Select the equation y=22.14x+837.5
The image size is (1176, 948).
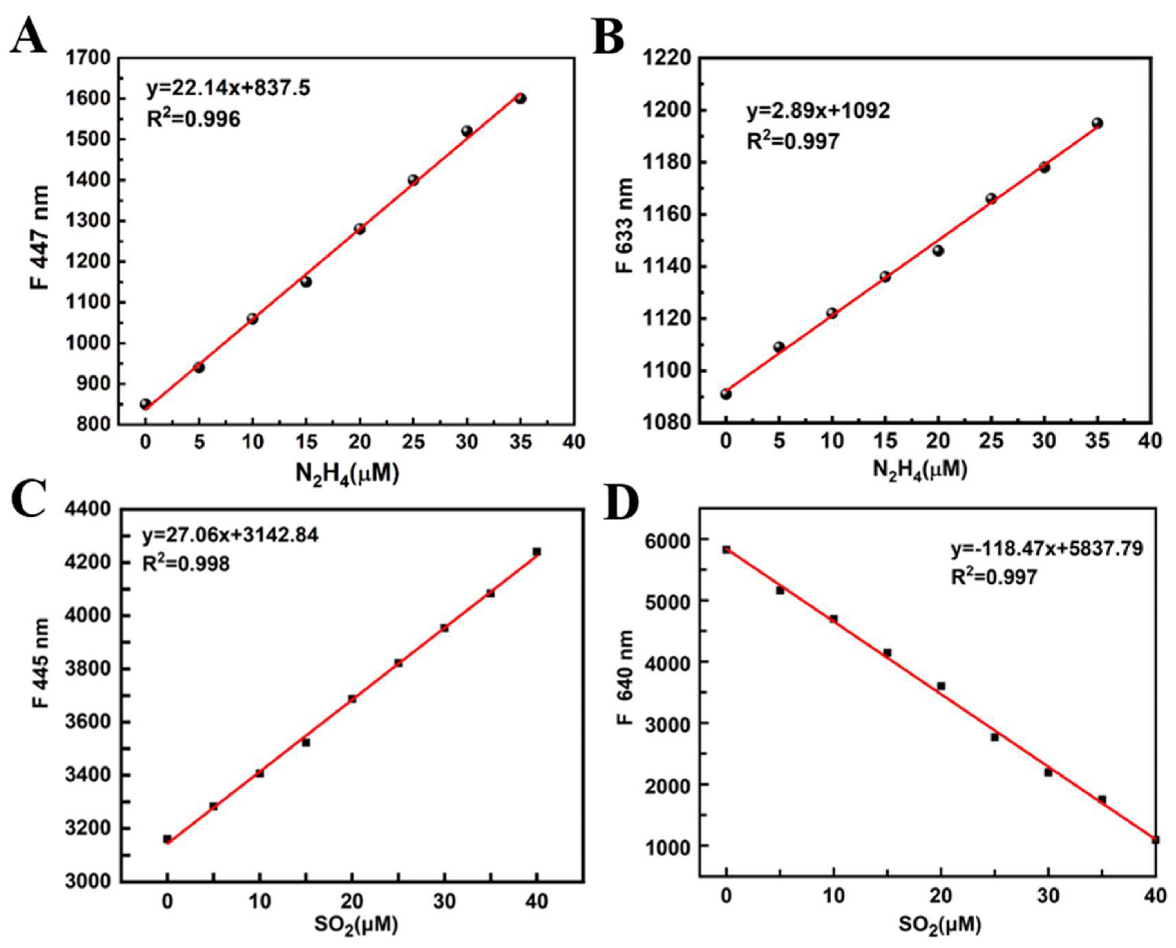click(228, 87)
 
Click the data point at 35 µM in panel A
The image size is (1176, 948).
click(521, 98)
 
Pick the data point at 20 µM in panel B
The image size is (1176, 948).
click(938, 251)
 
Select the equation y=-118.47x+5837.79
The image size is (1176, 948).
click(1047, 549)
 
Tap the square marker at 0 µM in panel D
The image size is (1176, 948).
click(726, 549)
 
